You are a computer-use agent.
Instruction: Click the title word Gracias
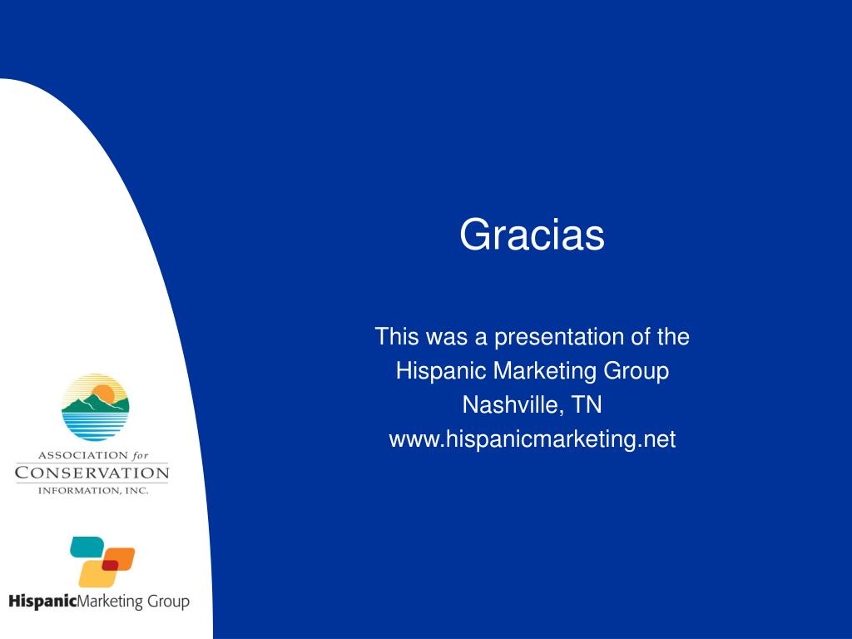[532, 235]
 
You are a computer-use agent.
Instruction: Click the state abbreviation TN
[587, 405]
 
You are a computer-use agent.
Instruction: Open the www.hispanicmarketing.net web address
[532, 439]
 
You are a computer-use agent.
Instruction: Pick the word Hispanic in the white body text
[441, 372]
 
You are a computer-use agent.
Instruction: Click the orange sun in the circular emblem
[102, 394]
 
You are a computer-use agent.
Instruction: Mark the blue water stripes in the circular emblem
[95, 426]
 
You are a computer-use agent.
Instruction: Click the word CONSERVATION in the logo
[92, 473]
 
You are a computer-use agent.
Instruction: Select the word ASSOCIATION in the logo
[82, 455]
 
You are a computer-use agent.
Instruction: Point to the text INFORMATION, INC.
[93, 491]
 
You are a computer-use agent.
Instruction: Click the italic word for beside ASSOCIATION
[140, 455]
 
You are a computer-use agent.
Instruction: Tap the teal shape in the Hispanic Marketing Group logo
[87, 547]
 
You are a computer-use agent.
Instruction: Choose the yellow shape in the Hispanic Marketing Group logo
[97, 574]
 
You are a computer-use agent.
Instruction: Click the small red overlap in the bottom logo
[111, 565]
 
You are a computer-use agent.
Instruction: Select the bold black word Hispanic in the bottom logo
[43, 602]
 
